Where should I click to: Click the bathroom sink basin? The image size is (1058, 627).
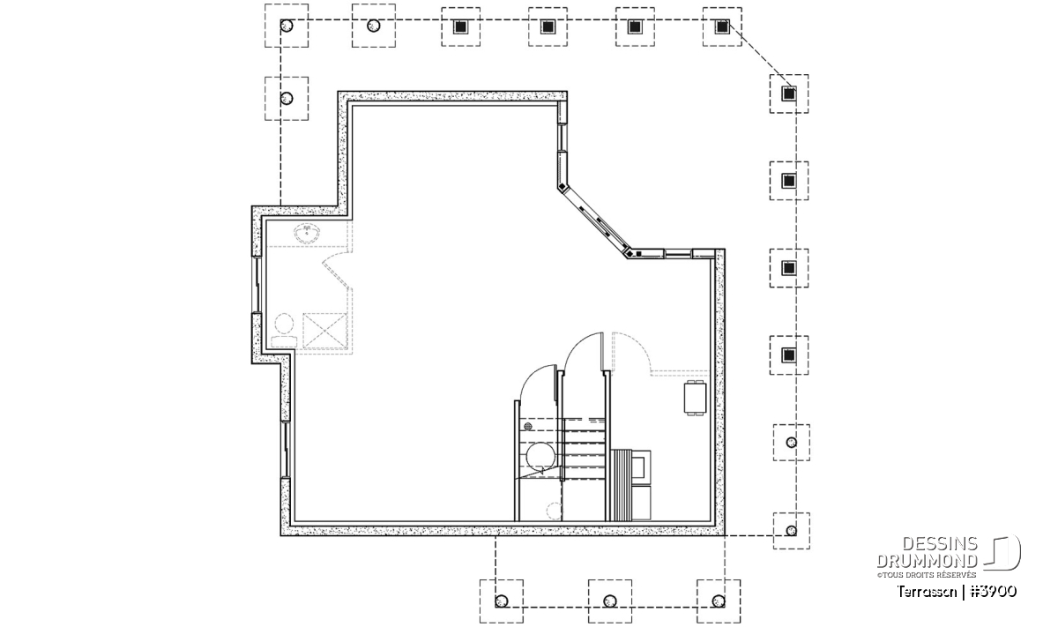[307, 234]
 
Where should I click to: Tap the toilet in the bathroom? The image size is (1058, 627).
[284, 331]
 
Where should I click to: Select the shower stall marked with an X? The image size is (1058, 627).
[324, 331]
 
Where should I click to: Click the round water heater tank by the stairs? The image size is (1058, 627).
[540, 456]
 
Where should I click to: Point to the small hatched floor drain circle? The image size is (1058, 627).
[528, 427]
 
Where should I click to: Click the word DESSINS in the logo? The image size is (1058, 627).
[940, 544]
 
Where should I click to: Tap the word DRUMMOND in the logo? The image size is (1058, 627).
[927, 561]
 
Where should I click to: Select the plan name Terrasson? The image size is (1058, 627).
[927, 592]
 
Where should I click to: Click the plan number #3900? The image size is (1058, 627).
[993, 592]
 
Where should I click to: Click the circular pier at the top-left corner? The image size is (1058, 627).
[287, 26]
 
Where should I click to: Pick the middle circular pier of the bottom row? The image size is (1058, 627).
[610, 601]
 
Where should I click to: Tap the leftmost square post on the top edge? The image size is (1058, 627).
[460, 27]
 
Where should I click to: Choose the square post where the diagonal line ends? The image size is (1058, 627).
[788, 94]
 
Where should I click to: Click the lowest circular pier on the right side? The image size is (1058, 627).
[792, 531]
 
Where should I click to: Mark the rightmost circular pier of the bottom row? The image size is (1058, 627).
[719, 601]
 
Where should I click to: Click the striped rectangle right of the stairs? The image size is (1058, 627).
[622, 485]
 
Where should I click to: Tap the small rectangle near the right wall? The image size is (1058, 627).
[696, 398]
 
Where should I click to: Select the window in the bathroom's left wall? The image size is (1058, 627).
[257, 285]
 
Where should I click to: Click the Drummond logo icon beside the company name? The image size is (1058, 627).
[1002, 552]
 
